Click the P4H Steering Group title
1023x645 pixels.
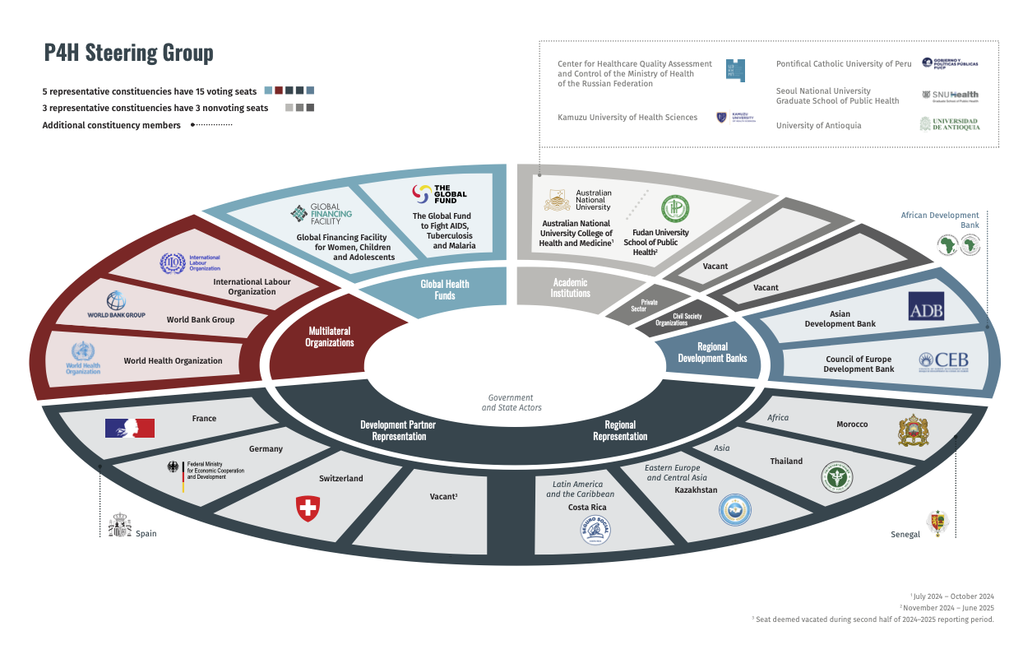(128, 53)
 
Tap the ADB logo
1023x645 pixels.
(925, 306)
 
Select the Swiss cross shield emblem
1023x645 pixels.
(307, 508)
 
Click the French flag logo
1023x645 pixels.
(130, 428)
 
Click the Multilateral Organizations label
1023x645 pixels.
(329, 336)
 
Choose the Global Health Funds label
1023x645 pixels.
(445, 290)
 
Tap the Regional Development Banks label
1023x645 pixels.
(712, 353)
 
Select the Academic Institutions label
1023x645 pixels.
(570, 287)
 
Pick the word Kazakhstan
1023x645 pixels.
(696, 490)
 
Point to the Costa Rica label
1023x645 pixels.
(587, 508)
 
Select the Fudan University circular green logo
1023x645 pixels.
(675, 209)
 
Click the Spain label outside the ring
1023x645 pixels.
(146, 534)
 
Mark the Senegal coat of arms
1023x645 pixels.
(937, 522)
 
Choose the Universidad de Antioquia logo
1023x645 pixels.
(949, 124)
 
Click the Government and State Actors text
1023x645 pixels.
(512, 402)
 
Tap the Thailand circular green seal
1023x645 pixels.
(837, 477)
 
